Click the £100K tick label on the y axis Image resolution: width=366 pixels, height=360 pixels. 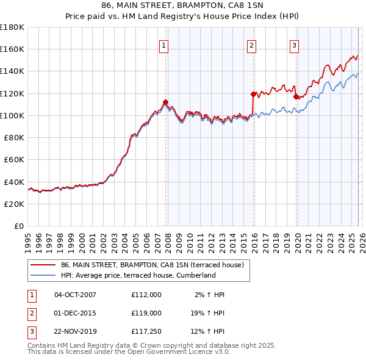(12, 115)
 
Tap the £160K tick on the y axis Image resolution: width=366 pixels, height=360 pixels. (12, 49)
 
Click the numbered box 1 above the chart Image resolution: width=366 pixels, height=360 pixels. (165, 45)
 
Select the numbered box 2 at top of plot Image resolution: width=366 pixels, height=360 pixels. (251, 45)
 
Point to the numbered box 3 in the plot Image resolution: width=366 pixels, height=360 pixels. (294, 45)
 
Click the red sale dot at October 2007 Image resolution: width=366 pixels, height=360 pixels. (165, 102)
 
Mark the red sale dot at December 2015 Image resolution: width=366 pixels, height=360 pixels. (253, 94)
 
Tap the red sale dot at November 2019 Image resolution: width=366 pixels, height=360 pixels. (296, 96)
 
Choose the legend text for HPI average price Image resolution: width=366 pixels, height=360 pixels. (138, 275)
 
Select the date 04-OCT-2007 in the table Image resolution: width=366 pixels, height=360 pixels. (75, 295)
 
